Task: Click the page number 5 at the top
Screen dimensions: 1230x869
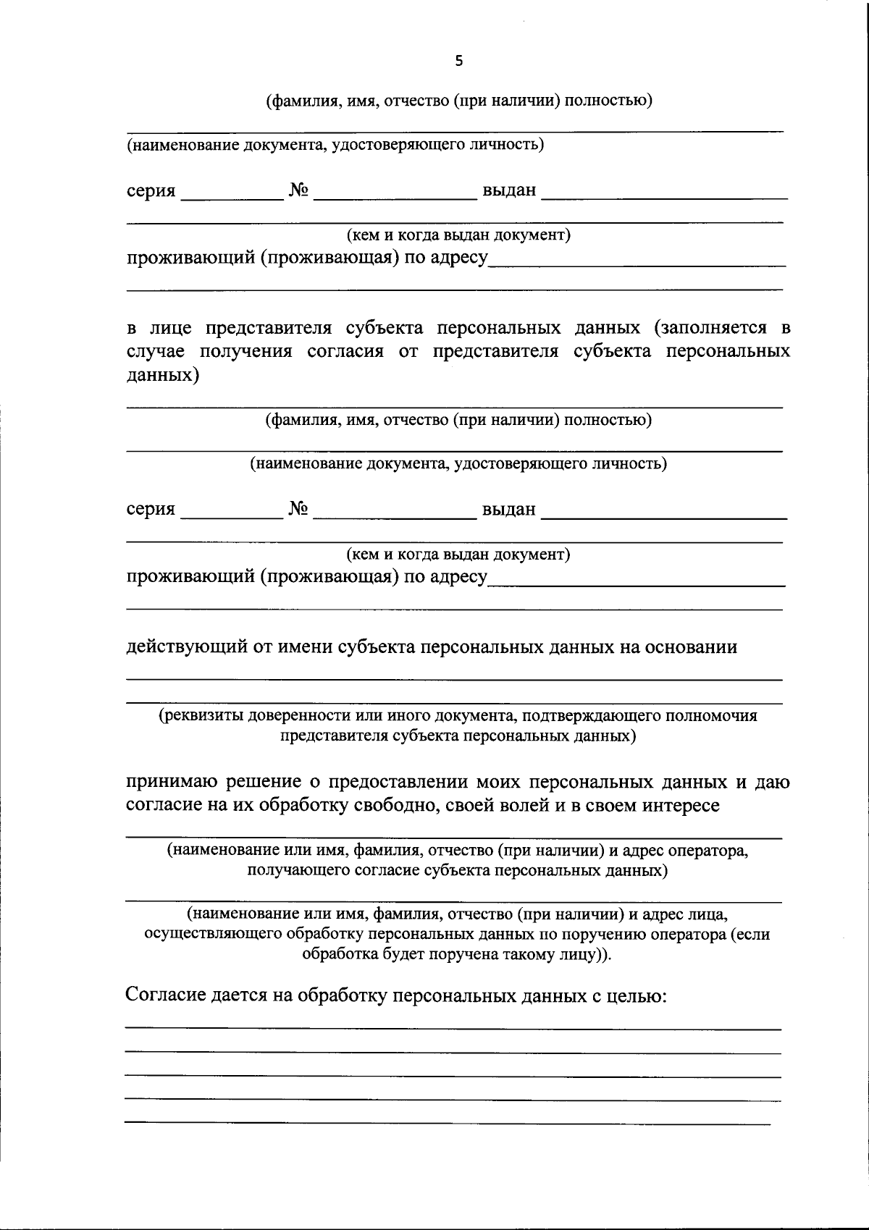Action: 458,62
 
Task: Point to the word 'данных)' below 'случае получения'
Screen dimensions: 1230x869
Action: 163,375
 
